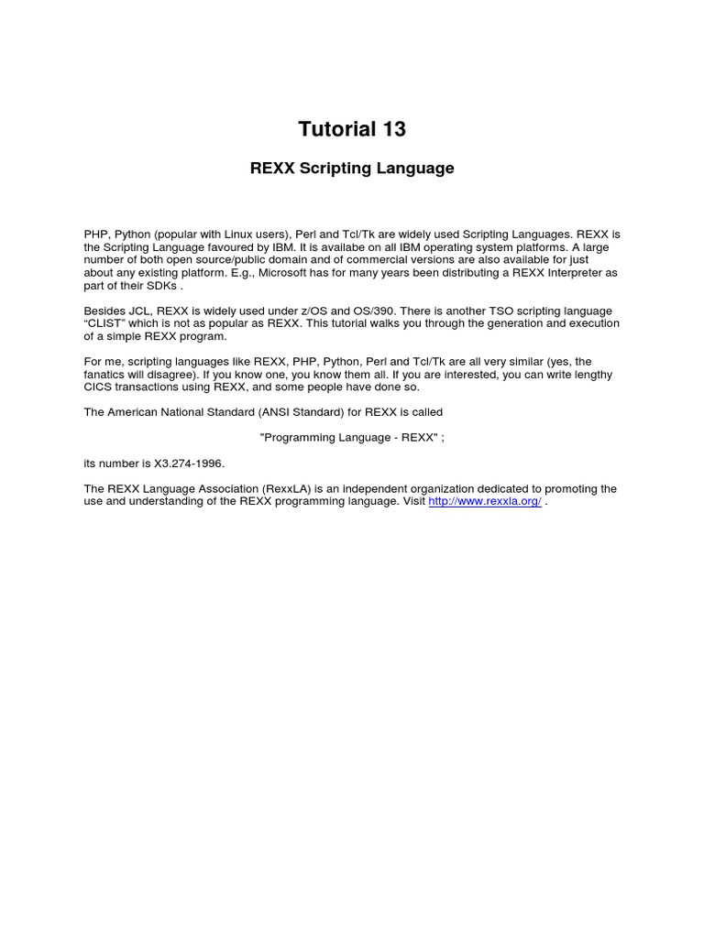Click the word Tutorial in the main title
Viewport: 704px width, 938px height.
point(334,130)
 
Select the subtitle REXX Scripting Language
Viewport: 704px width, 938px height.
point(352,169)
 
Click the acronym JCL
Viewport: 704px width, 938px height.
point(137,311)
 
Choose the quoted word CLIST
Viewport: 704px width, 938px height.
point(105,324)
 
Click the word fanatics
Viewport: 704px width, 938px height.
point(106,375)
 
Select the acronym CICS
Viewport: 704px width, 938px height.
point(98,387)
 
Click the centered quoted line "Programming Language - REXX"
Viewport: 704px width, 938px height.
point(352,438)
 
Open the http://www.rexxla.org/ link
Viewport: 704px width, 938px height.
point(485,502)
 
